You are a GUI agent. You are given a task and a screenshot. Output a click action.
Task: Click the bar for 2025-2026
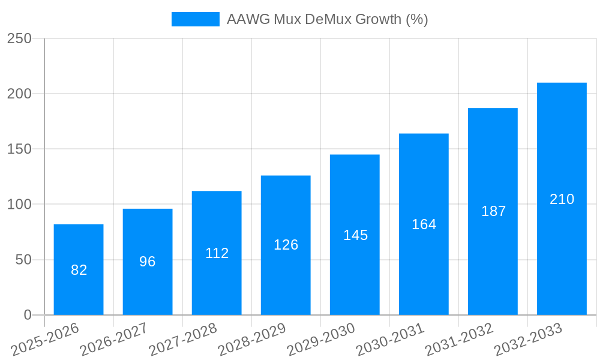click(79, 269)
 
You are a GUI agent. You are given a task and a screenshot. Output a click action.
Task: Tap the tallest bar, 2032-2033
click(562, 199)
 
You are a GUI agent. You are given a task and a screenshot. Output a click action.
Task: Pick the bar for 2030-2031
click(424, 224)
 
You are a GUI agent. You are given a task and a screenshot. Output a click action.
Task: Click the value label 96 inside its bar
click(148, 262)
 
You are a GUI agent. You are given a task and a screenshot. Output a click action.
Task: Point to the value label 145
click(355, 235)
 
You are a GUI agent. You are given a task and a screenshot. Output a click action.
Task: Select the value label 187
click(493, 211)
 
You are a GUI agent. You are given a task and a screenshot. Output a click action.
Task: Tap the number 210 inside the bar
click(562, 199)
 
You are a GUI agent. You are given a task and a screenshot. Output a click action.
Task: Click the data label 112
click(217, 253)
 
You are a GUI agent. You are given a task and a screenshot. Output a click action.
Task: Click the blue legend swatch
click(196, 19)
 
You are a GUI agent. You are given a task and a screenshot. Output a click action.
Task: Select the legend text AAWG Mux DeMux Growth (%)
click(327, 19)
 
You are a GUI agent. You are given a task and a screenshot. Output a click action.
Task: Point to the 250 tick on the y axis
click(19, 38)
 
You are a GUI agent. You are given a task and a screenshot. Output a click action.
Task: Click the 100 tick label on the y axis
click(19, 205)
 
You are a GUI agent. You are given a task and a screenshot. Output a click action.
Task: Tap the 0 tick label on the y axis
click(27, 315)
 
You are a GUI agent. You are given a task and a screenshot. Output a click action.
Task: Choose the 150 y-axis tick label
click(19, 149)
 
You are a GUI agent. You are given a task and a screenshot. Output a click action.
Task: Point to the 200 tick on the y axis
click(19, 94)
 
